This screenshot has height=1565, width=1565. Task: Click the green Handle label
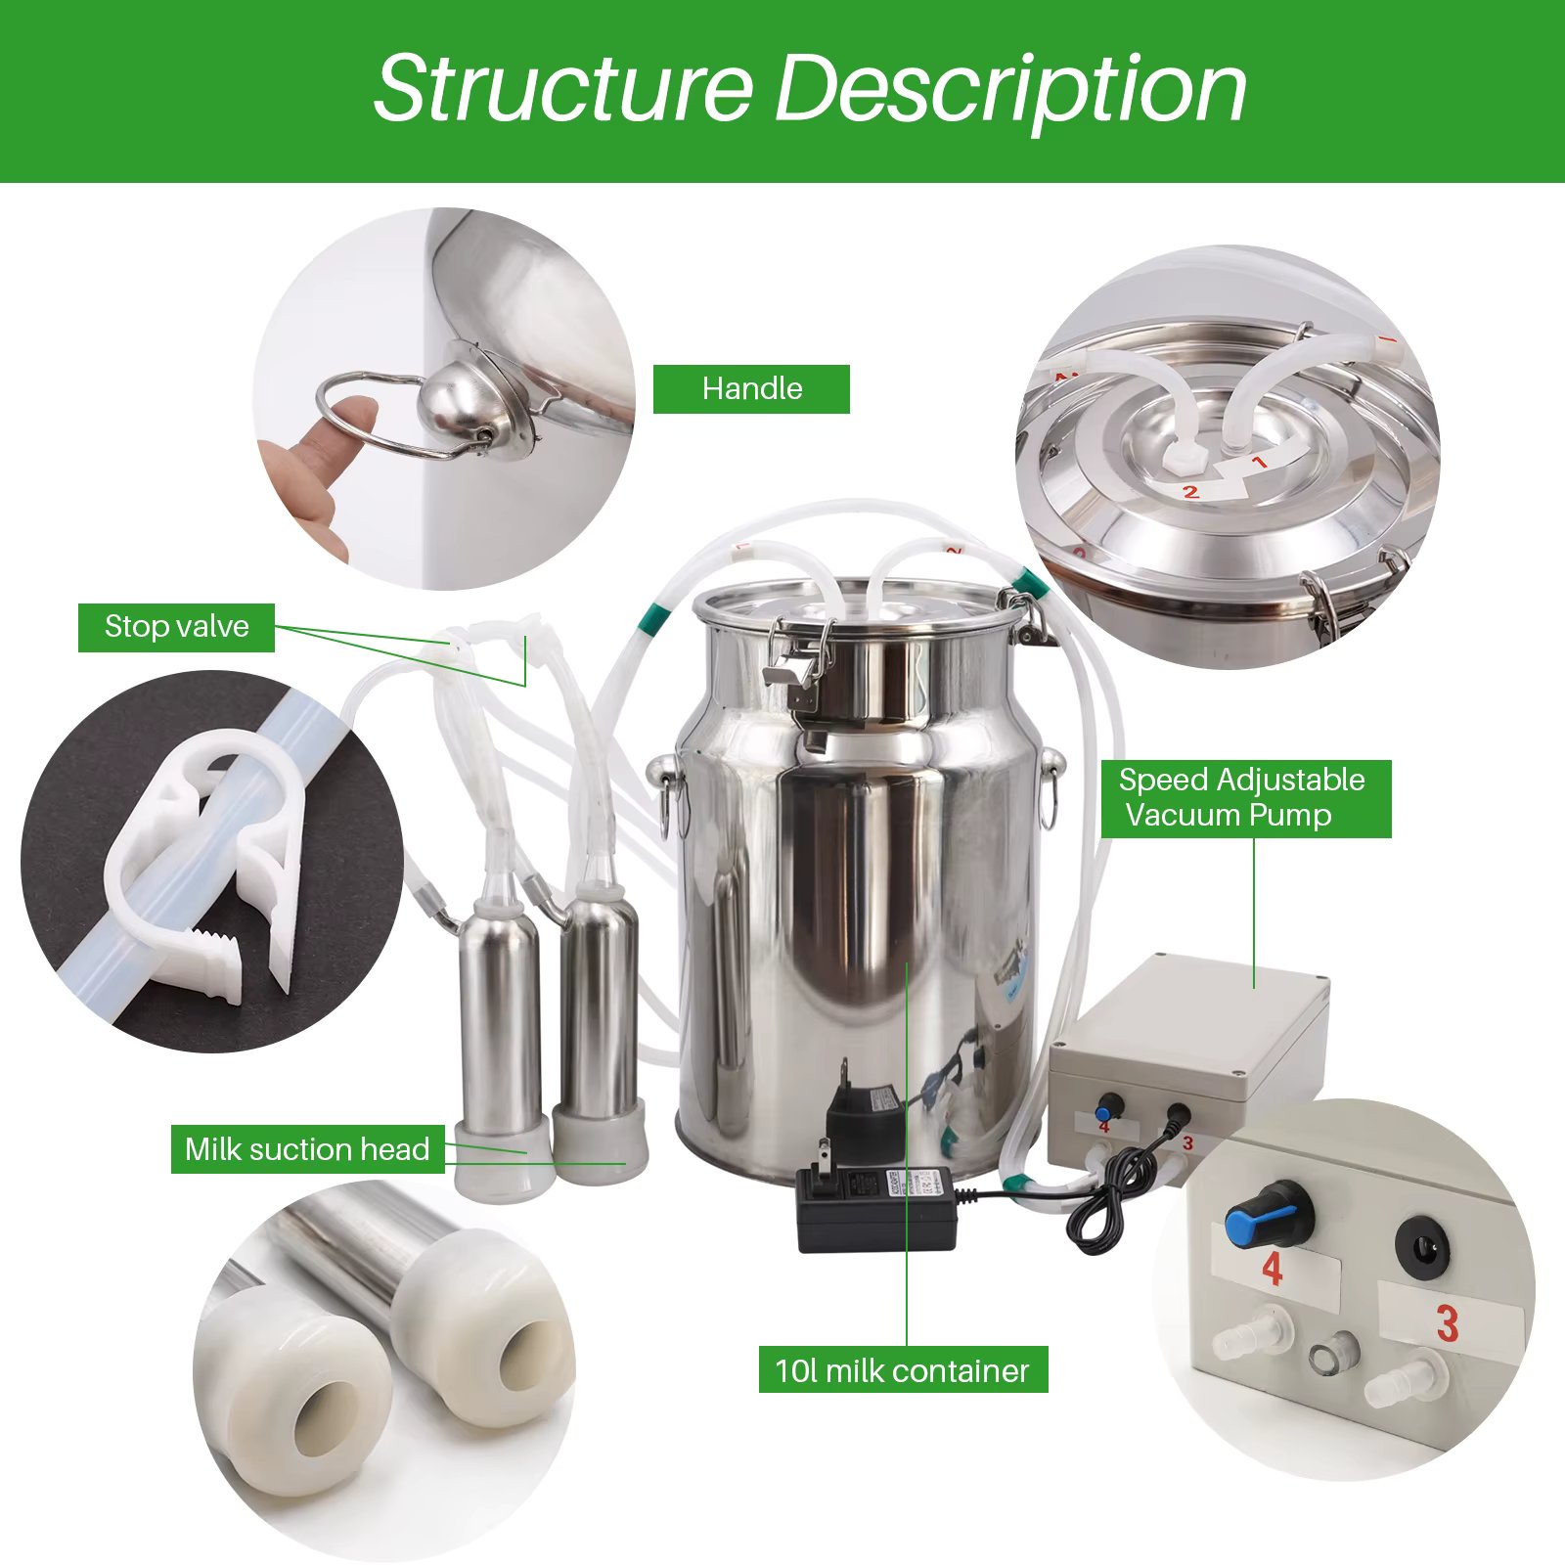[x=751, y=388]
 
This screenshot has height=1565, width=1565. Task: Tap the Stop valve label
[x=176, y=627]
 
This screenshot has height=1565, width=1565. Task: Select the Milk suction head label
[x=307, y=1148]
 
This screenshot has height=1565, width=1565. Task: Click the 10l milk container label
[x=902, y=1370]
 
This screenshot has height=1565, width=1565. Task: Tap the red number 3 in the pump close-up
[x=1448, y=1324]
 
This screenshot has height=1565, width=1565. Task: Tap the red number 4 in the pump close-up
[x=1272, y=1269]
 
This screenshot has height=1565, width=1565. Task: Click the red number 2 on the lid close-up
[x=1190, y=491]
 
